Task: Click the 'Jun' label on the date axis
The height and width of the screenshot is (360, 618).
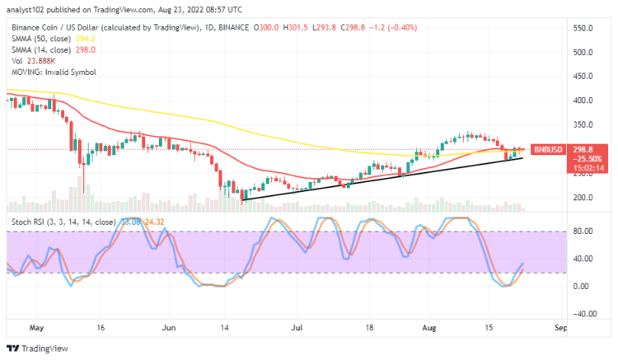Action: tap(168, 327)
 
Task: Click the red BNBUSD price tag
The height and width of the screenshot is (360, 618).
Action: tap(548, 150)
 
